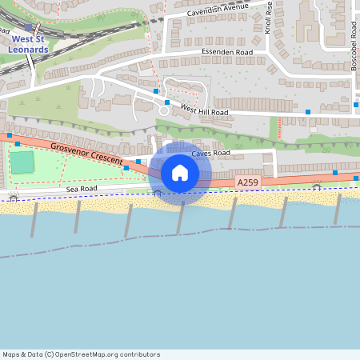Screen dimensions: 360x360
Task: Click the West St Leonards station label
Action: click(29, 44)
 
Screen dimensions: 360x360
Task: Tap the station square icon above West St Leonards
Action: click(29, 27)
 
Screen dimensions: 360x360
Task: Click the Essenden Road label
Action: click(226, 54)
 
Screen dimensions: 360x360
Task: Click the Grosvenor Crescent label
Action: click(86, 154)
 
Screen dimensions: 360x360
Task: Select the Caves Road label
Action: click(210, 153)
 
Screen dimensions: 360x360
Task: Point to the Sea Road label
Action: click(82, 189)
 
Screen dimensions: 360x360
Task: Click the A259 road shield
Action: click(247, 183)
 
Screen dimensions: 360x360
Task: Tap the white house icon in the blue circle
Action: click(180, 173)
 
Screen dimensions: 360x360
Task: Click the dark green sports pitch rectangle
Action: click(22, 162)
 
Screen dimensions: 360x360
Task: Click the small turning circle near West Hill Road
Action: click(164, 111)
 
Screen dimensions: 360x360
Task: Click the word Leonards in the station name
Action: click(29, 49)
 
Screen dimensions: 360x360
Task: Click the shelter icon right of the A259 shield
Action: click(317, 188)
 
